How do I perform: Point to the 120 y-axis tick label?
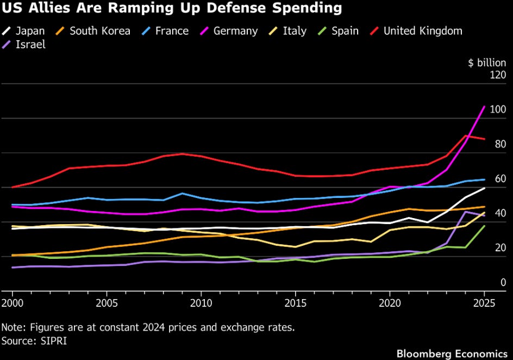(497, 75)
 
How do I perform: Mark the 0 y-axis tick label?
(503, 282)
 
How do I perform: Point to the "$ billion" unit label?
(487, 63)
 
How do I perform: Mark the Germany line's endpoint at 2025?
(484, 107)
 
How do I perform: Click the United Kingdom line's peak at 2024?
(466, 136)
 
